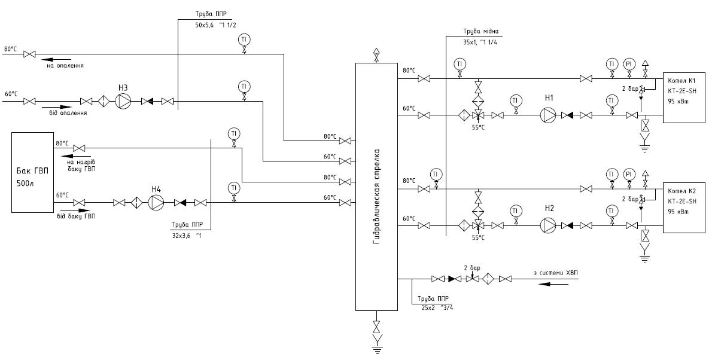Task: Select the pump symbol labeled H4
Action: pyautogui.click(x=156, y=203)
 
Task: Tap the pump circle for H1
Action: pyautogui.click(x=548, y=115)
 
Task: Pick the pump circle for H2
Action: pyautogui.click(x=548, y=225)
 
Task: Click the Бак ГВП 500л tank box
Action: pyautogui.click(x=32, y=172)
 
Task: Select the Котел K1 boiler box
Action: pyautogui.click(x=684, y=97)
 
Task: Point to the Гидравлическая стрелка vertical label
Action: pyautogui.click(x=376, y=196)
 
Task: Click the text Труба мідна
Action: pyautogui.click(x=480, y=31)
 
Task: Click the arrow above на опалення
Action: pyautogui.click(x=56, y=59)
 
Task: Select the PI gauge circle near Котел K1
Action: pyautogui.click(x=629, y=64)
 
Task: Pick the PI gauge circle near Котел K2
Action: pyautogui.click(x=629, y=175)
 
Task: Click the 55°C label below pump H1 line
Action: pyautogui.click(x=479, y=127)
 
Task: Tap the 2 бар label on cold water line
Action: pyautogui.click(x=471, y=267)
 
